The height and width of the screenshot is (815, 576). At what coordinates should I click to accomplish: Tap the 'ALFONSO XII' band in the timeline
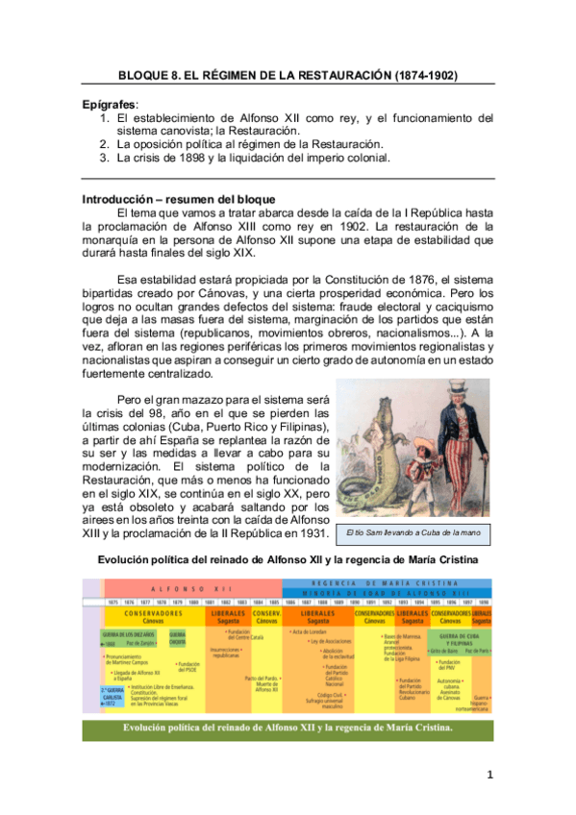tap(187, 588)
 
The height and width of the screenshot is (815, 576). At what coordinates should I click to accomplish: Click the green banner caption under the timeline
tap(288, 728)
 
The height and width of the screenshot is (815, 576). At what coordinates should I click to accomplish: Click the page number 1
tap(489, 775)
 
